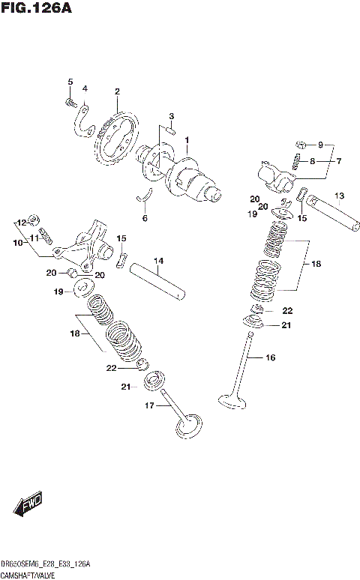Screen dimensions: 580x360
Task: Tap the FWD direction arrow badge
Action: (x=29, y=504)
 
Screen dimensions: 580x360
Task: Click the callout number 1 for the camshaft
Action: (x=187, y=139)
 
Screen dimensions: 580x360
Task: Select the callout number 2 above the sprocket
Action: (x=117, y=92)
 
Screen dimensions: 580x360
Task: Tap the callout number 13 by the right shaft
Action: (x=339, y=197)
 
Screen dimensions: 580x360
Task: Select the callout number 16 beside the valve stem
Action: (x=270, y=357)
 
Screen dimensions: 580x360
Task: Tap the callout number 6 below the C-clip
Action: (x=145, y=218)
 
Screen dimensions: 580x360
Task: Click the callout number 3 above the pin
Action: (x=171, y=116)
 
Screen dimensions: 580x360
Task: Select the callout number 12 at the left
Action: (x=21, y=223)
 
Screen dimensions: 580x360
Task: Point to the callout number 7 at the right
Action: (x=338, y=161)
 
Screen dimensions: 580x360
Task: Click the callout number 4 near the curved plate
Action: (x=85, y=88)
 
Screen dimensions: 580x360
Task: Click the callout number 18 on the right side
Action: (x=316, y=264)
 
